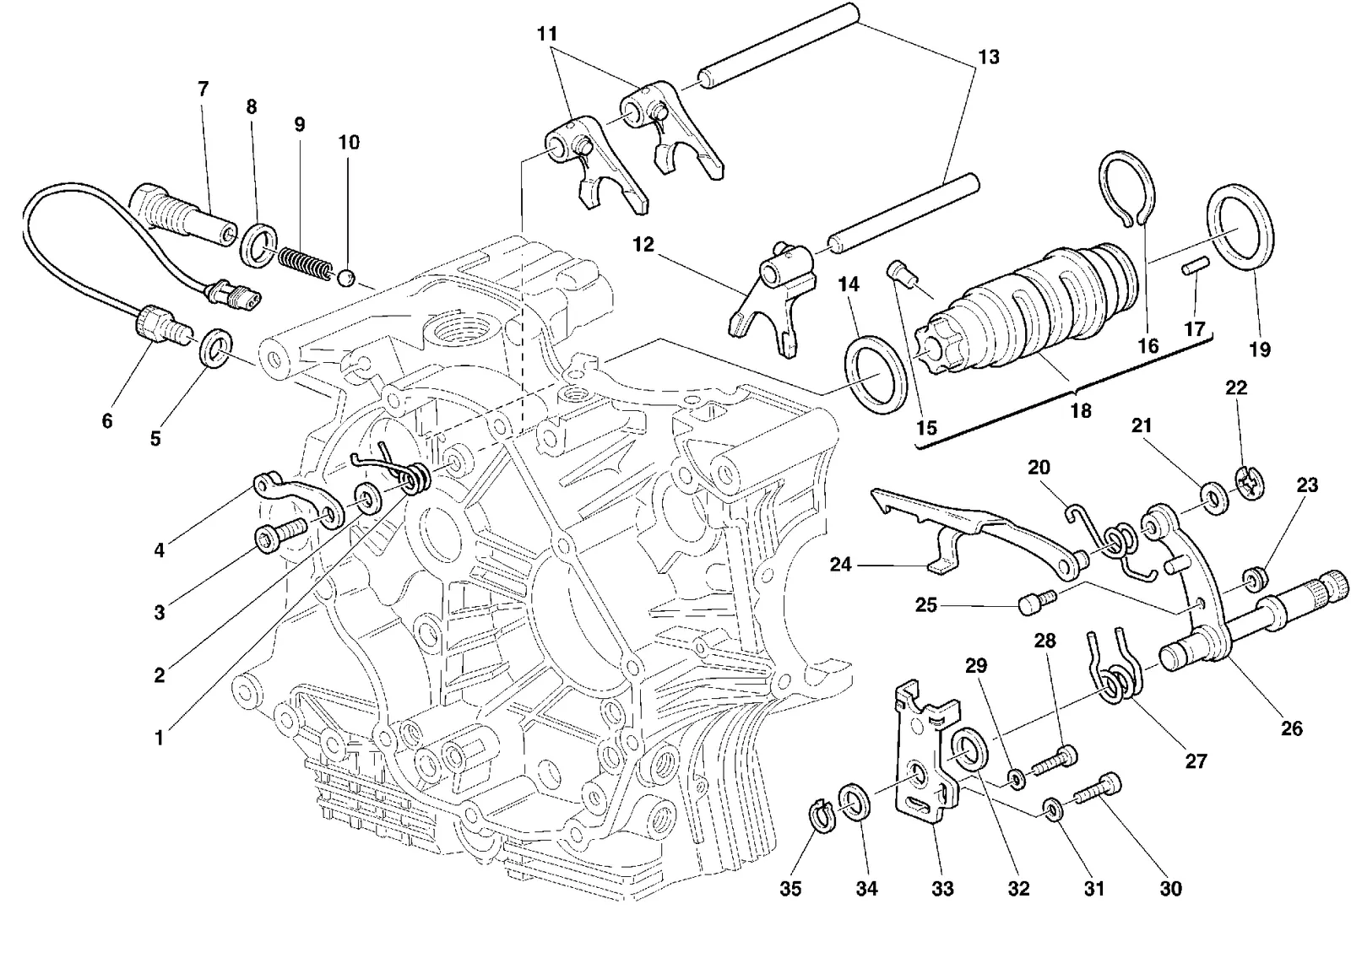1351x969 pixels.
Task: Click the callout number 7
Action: (x=203, y=89)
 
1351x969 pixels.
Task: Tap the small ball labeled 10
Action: (x=345, y=279)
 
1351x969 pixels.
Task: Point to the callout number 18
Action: (x=1081, y=410)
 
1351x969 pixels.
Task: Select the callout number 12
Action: (x=643, y=245)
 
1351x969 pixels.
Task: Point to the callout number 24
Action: (x=841, y=565)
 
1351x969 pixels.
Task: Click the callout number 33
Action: (x=942, y=888)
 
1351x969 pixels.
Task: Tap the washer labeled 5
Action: (x=214, y=348)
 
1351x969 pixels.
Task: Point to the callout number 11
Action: (x=547, y=34)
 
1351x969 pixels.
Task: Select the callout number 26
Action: (x=1291, y=728)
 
